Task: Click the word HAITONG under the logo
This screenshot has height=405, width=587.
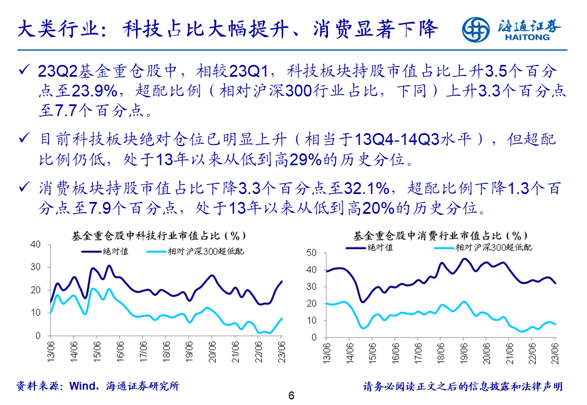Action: pos(529,38)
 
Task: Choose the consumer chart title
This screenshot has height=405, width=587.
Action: pos(440,235)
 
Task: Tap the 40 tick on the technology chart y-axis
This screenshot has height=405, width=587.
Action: pos(36,244)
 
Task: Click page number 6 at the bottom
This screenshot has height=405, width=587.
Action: pos(291,395)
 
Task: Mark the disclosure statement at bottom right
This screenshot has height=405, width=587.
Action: pos(463,386)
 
